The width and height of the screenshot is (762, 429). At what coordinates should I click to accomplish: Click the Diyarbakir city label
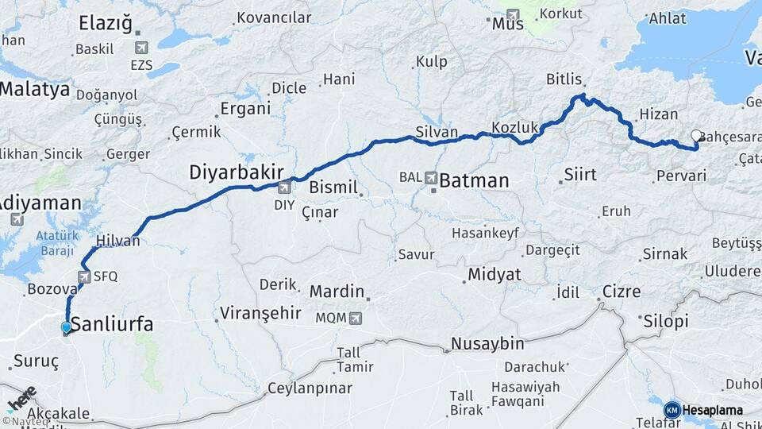point(230,172)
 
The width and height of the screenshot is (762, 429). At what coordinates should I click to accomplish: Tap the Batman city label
point(474,180)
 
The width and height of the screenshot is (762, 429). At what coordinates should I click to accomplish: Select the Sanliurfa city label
point(112,324)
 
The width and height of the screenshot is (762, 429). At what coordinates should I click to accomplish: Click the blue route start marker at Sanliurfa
point(66,327)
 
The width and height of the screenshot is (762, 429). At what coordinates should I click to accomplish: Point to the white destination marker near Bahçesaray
point(696,135)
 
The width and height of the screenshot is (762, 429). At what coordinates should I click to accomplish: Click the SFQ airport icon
point(84,276)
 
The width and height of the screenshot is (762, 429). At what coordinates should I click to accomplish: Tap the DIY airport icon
point(284,188)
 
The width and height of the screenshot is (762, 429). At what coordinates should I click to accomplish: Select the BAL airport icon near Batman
point(431,177)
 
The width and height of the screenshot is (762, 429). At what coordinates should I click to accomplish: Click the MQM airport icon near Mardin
point(355,318)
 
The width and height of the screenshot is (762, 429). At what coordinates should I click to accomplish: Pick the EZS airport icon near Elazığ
point(142,48)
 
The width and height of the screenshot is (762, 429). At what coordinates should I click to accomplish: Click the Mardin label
point(337,292)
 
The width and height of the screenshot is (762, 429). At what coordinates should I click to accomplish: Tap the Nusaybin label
point(487,344)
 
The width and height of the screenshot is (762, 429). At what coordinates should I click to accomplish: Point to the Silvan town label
point(437,132)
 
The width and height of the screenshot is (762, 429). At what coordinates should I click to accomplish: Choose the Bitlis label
point(565,79)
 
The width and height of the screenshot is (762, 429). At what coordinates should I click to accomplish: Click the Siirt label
point(579,174)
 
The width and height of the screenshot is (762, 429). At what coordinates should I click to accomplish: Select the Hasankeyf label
point(485,233)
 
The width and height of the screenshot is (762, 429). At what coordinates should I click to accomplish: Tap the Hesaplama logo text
point(712,410)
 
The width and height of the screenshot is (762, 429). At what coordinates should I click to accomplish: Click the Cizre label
point(622,292)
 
